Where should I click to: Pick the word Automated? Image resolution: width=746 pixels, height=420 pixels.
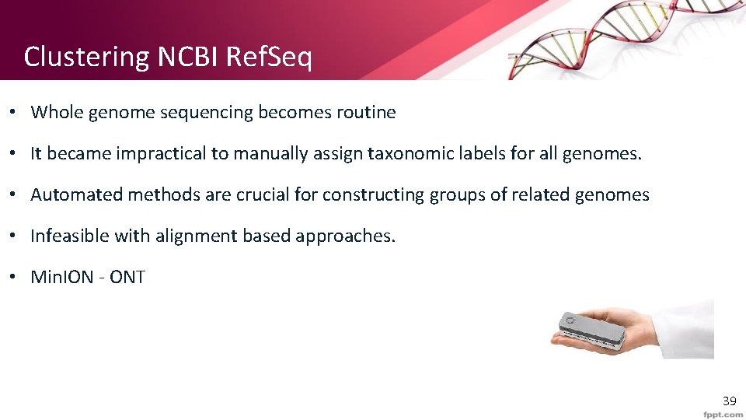coord(76,194)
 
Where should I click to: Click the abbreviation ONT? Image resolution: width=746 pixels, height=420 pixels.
coord(127,277)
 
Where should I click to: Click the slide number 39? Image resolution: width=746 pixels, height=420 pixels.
coord(729,401)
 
